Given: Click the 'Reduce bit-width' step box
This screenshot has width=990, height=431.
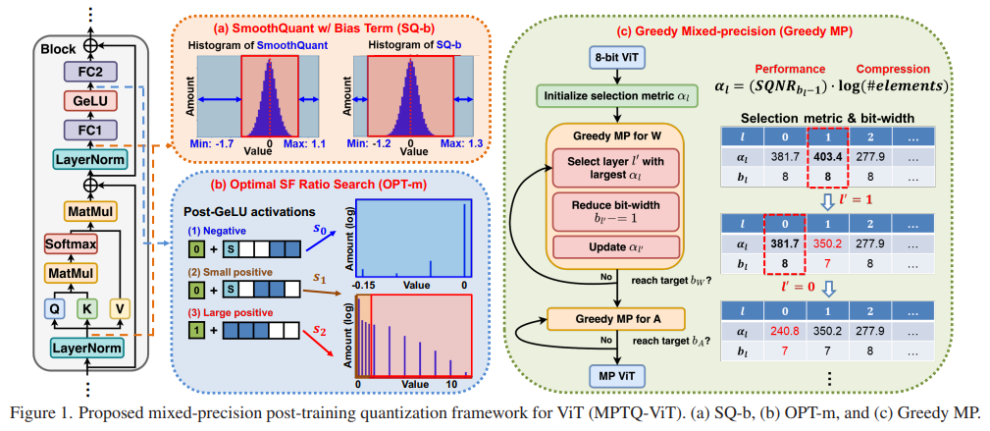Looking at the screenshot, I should point(615,208).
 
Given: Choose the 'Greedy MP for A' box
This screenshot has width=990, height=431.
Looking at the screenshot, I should point(615,318).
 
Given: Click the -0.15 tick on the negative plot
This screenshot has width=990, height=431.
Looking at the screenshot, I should point(365,284).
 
